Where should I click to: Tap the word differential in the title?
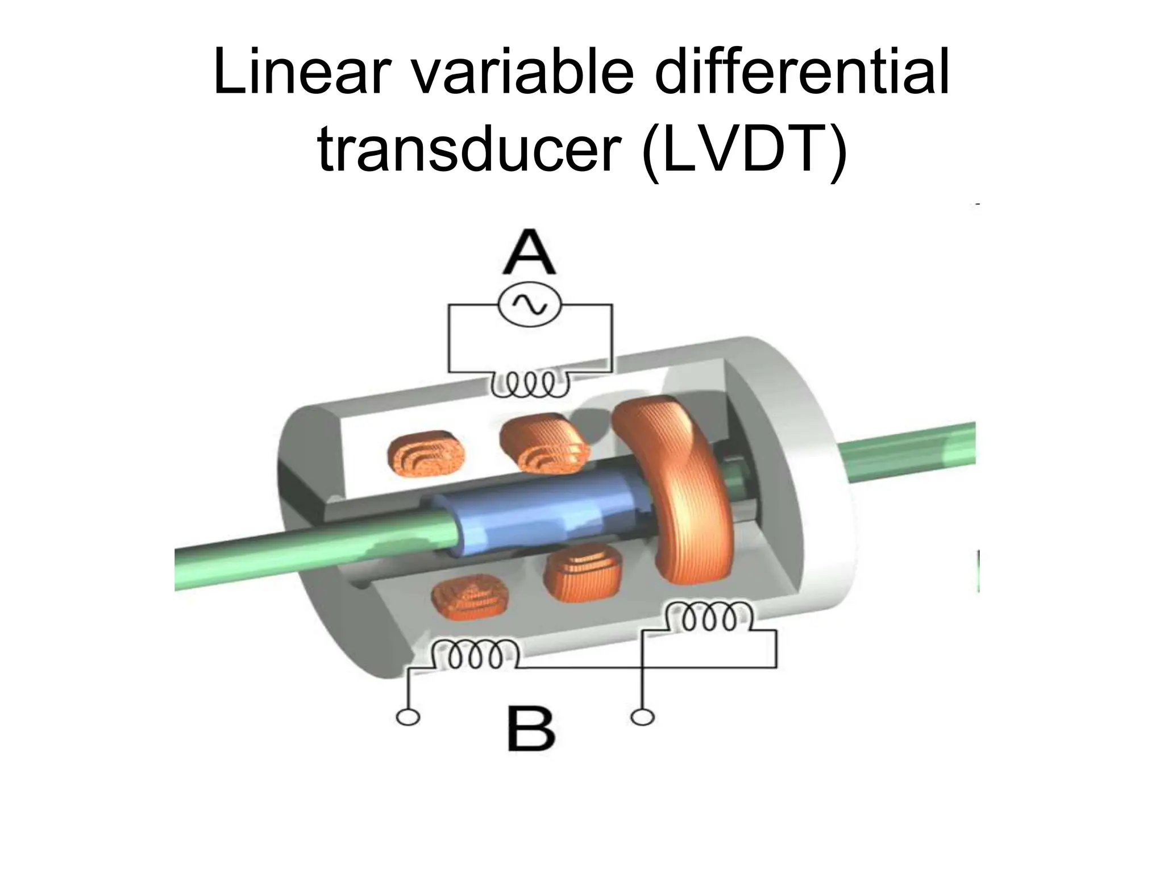coord(801,73)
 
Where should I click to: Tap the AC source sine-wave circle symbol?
coord(530,305)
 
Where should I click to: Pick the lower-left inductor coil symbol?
coord(475,654)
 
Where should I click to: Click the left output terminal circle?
coord(408,718)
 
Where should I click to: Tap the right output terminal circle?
coord(642,718)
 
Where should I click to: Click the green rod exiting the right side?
coord(909,449)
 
